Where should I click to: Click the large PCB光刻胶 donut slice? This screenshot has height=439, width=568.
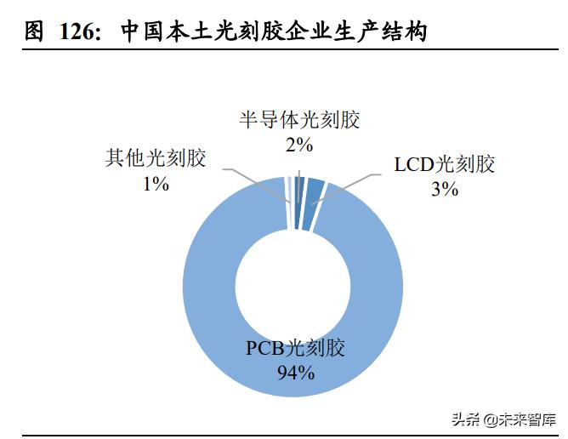[x=204, y=306]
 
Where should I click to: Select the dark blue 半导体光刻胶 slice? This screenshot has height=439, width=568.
[x=298, y=189]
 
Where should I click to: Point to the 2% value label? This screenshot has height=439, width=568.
[x=299, y=145]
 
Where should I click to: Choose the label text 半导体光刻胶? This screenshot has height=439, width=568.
[x=299, y=120]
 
